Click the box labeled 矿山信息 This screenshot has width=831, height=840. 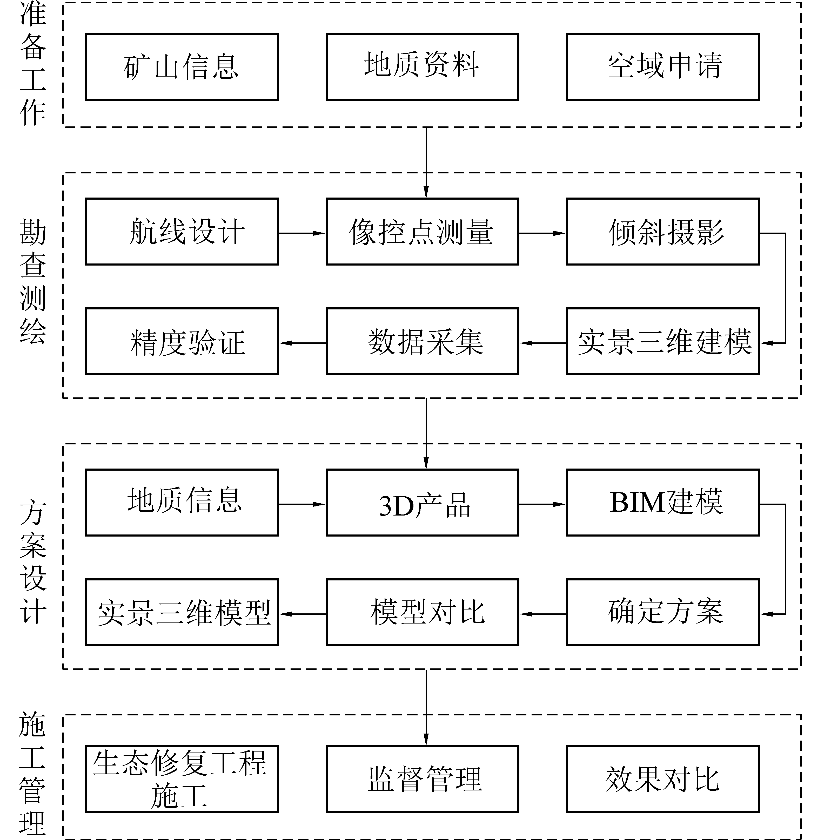click(182, 67)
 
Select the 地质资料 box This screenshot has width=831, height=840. click(422, 67)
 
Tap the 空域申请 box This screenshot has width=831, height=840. click(663, 67)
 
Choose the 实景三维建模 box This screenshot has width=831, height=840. click(663, 341)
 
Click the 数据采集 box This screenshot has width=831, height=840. click(422, 341)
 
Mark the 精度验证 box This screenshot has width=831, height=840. click(182, 341)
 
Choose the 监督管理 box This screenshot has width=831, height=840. click(422, 779)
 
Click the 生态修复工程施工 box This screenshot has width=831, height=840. click(182, 779)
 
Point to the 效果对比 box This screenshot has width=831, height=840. click(663, 779)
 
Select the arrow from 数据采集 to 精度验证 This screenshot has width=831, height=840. click(302, 343)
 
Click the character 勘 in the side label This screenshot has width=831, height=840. click(33, 232)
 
